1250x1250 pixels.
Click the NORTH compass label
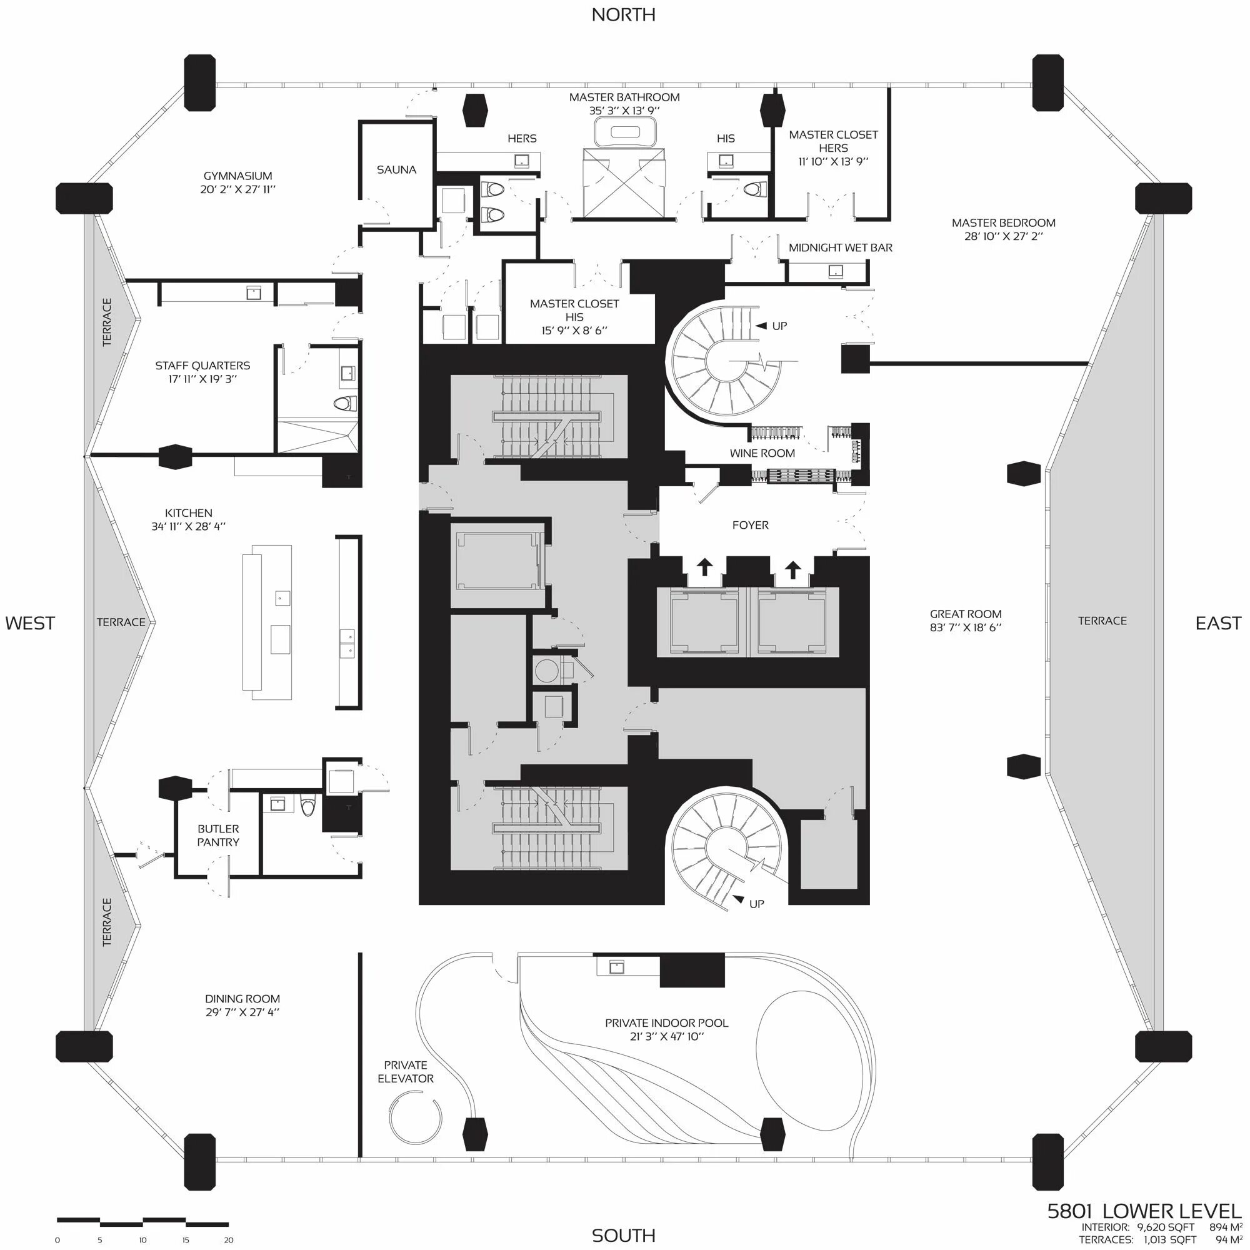pos(623,15)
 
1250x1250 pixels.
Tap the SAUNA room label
pos(396,169)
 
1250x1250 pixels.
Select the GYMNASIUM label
pos(237,176)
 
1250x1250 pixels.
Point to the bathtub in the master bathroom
pos(625,132)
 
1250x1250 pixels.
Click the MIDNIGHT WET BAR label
pos(840,247)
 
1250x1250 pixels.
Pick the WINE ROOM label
pos(762,454)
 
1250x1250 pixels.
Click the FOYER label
pos(751,526)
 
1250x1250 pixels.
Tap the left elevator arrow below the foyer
pos(704,567)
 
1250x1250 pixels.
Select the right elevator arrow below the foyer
pos(792,569)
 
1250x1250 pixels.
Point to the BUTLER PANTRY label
pos(218,835)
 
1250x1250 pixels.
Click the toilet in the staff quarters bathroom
pos(346,404)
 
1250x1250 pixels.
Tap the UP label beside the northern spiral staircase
pos(779,326)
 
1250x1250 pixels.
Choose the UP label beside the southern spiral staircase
pos(756,904)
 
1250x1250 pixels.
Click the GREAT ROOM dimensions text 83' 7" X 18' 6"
pos(966,627)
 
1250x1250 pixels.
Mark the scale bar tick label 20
pos(228,1240)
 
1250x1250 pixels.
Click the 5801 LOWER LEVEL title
pos(1144,1211)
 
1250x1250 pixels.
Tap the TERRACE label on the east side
pos(1102,621)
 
